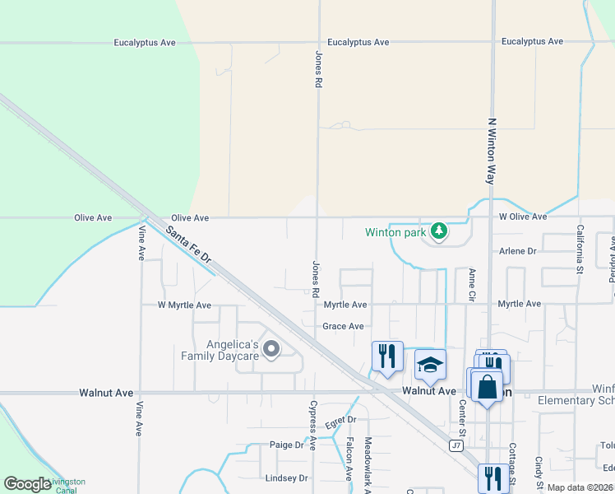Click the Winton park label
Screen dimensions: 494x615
coord(396,232)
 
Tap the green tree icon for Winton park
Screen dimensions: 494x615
coord(440,231)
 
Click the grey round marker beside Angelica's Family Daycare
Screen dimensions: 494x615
coord(271,352)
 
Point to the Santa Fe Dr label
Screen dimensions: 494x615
coord(189,245)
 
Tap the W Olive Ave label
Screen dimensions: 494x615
coord(523,217)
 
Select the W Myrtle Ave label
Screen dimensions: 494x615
coord(184,305)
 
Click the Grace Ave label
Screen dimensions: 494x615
coord(343,326)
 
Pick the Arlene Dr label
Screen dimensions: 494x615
coord(518,251)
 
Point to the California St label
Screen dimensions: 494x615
coord(580,249)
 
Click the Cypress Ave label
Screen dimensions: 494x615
coord(312,425)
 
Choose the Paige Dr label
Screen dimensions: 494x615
coord(287,445)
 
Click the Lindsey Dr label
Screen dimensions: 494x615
coord(286,478)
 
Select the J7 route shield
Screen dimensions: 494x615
coord(456,445)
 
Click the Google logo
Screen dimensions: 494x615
coord(27,484)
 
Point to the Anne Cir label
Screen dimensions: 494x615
coord(472,284)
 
